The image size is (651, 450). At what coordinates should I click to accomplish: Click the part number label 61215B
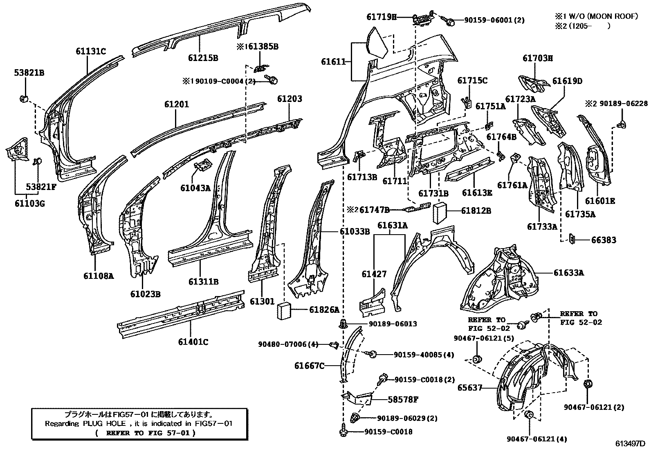[x=203, y=58]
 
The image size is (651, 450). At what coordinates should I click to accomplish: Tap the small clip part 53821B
[x=24, y=98]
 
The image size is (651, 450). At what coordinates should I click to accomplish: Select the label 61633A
[x=568, y=273]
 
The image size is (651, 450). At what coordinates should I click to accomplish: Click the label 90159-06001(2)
[x=489, y=20]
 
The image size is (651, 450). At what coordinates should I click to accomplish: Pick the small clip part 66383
[x=572, y=239]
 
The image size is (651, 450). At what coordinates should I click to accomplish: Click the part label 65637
[x=470, y=387]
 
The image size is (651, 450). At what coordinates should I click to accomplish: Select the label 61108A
[x=99, y=276]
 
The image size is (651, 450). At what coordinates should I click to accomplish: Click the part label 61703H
[x=537, y=58]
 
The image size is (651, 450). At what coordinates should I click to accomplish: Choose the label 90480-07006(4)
[x=288, y=344]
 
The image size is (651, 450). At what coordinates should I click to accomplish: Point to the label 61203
[x=290, y=99]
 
